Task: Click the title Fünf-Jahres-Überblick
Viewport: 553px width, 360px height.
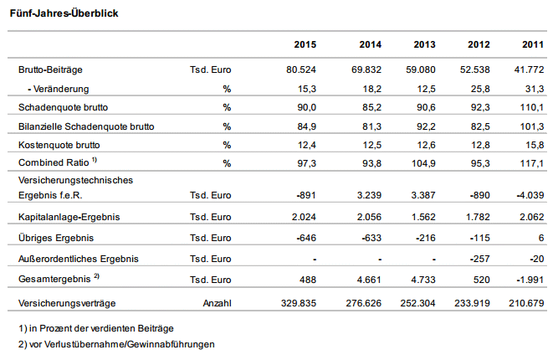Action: tap(64, 13)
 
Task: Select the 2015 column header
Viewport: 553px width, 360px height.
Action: tap(305, 44)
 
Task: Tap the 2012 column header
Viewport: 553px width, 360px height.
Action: tap(479, 44)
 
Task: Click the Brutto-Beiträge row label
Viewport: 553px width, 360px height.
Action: tap(50, 69)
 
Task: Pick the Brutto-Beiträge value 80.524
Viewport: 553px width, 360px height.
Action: tap(301, 69)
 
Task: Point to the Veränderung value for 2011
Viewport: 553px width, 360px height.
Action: tap(535, 89)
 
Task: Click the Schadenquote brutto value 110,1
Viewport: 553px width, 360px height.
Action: tap(532, 107)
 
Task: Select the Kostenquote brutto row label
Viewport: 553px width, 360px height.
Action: tap(59, 145)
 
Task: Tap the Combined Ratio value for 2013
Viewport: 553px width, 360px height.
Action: tap(423, 163)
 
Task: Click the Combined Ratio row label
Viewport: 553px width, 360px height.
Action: tap(58, 162)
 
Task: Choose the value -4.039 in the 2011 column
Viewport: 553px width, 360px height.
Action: tap(530, 195)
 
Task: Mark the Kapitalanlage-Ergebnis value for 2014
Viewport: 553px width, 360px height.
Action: tap(369, 217)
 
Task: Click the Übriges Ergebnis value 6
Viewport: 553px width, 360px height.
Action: tap(541, 238)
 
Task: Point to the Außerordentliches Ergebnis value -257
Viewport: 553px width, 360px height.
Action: tap(479, 259)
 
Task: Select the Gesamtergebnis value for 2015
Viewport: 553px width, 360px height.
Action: tap(308, 280)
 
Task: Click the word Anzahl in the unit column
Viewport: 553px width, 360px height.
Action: tap(218, 303)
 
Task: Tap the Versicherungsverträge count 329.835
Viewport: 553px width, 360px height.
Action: tap(299, 303)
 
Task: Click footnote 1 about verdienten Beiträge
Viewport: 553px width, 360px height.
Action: tap(96, 328)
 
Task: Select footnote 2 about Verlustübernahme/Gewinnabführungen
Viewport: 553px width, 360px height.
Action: tap(116, 344)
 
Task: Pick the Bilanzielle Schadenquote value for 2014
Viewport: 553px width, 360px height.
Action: tap(372, 126)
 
